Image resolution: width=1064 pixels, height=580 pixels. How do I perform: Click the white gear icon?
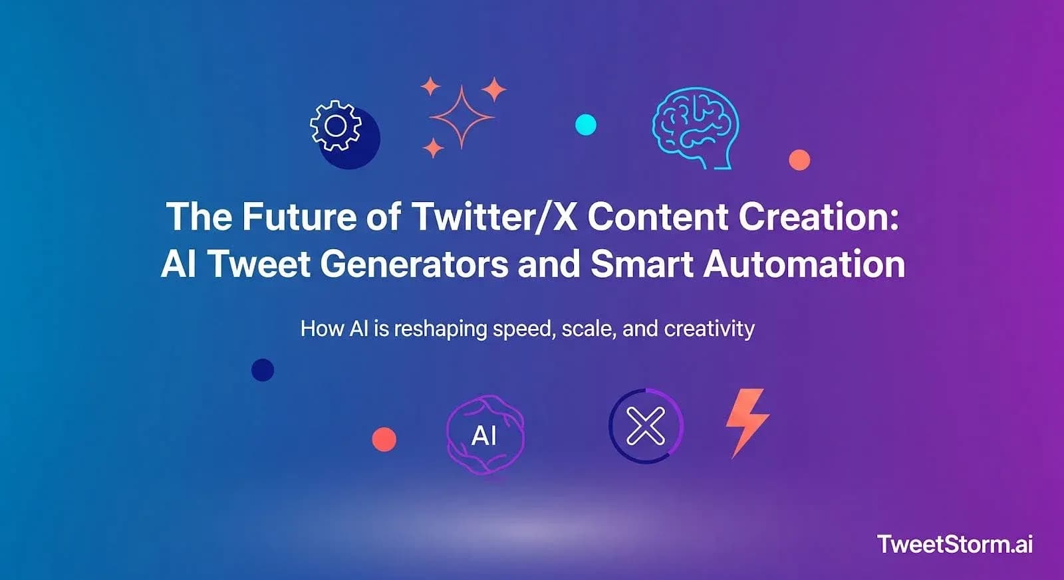(336, 126)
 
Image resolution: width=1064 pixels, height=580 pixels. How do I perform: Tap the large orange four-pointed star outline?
(462, 117)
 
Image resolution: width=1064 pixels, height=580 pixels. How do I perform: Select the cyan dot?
(585, 124)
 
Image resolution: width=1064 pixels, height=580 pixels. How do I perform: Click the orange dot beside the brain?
(799, 159)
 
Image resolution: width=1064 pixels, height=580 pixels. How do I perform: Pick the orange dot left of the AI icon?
(384, 439)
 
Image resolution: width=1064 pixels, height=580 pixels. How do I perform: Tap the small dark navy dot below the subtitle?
(263, 370)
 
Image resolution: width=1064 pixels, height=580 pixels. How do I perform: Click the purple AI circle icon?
(485, 435)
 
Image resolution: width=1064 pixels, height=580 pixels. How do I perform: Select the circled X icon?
(646, 426)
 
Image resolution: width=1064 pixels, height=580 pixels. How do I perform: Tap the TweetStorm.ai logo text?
(955, 544)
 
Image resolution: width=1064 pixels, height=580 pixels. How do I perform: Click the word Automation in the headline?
(804, 264)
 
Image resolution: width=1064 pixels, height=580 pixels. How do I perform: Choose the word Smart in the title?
(642, 264)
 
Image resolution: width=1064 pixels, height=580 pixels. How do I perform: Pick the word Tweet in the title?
(260, 264)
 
